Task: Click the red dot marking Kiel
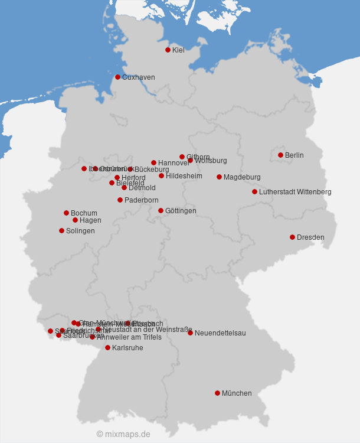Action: click(168, 50)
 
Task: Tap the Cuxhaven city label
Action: click(138, 77)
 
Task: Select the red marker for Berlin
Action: click(280, 155)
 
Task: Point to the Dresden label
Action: click(310, 237)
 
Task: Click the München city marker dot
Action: click(217, 393)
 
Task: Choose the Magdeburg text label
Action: click(242, 177)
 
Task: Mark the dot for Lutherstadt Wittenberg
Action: click(254, 191)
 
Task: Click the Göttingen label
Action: click(181, 211)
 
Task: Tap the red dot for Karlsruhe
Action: click(107, 347)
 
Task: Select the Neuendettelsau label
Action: click(220, 333)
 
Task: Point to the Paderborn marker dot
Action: click(120, 200)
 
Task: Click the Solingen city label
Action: click(80, 231)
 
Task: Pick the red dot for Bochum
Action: click(66, 213)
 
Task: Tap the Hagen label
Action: click(90, 220)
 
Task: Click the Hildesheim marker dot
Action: click(161, 175)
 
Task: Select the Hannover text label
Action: click(174, 163)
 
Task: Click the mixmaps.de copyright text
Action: click(123, 434)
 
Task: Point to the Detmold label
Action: click(142, 188)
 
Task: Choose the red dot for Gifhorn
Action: click(182, 157)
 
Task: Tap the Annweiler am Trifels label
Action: click(129, 337)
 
